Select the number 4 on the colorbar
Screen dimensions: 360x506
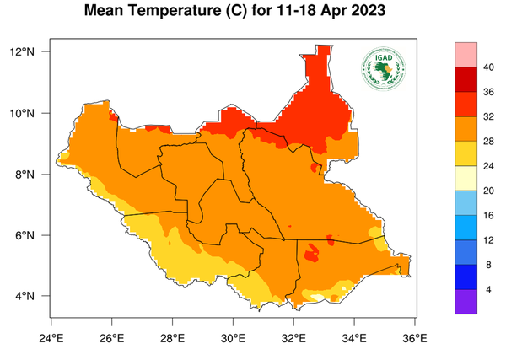[x=487, y=289]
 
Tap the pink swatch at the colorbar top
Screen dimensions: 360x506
[x=466, y=54]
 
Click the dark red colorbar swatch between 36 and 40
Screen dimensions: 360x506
[x=466, y=79]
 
